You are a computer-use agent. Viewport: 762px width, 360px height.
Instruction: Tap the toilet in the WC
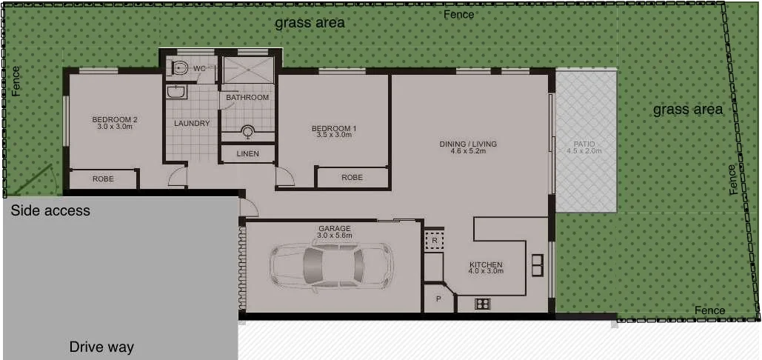click(178, 68)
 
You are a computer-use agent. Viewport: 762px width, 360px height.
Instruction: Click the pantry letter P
click(438, 299)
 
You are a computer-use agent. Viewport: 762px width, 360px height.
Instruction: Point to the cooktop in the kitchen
click(483, 303)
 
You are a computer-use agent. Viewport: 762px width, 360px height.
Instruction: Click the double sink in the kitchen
click(537, 264)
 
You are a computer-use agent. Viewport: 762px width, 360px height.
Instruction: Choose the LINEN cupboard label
click(247, 154)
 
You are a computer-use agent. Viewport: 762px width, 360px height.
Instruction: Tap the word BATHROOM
click(247, 98)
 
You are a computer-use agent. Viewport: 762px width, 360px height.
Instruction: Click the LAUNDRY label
click(192, 124)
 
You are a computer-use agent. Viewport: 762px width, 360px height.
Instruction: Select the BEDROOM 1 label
click(333, 129)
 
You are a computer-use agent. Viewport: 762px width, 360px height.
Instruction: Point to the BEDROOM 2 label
click(115, 120)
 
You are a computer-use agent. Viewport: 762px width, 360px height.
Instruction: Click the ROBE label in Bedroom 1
click(352, 178)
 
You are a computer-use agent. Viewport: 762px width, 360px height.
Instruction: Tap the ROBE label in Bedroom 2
click(103, 179)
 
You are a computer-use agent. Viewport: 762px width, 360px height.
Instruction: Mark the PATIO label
click(584, 144)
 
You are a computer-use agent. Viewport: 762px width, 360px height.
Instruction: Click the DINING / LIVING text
click(467, 144)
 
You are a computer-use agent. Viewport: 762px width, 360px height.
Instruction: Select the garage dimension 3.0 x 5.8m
click(334, 236)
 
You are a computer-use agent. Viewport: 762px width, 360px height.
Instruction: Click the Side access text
click(50, 211)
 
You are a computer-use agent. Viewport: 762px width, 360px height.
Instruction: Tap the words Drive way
click(101, 347)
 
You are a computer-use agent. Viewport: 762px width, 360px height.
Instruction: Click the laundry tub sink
click(176, 92)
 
